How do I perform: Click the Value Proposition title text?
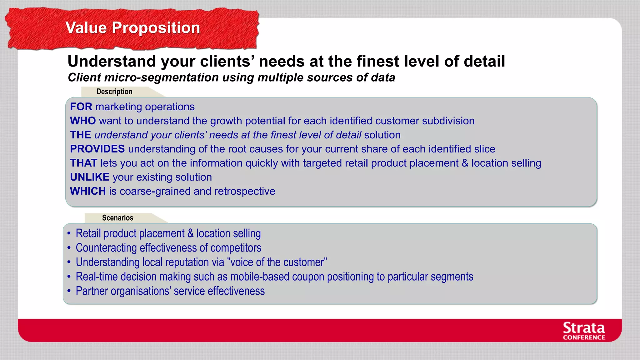click(x=132, y=28)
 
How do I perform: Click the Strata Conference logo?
click(x=584, y=331)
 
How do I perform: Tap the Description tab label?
click(x=114, y=92)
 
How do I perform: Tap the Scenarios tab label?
click(x=117, y=218)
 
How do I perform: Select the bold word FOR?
click(x=81, y=107)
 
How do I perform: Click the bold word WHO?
click(x=83, y=121)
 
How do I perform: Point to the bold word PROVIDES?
click(x=97, y=149)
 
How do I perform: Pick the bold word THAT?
click(x=83, y=163)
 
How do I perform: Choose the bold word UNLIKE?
click(x=89, y=177)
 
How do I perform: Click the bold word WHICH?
click(x=88, y=191)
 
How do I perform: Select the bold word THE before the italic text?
click(x=80, y=135)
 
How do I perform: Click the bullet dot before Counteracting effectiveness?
click(x=69, y=248)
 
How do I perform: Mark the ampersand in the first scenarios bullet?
click(x=190, y=234)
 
